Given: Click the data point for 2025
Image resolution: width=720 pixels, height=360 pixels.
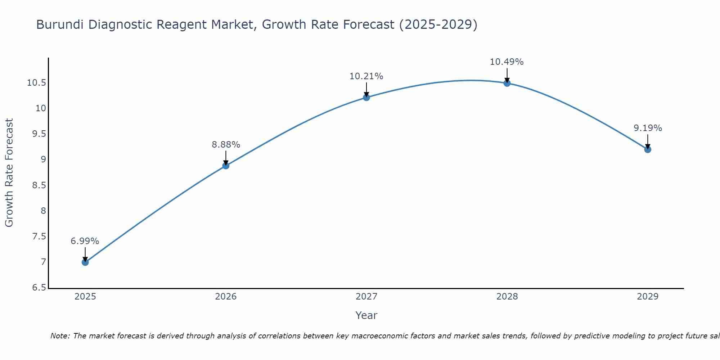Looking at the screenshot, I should (x=85, y=262).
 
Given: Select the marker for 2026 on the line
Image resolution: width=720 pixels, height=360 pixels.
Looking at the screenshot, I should (x=226, y=166).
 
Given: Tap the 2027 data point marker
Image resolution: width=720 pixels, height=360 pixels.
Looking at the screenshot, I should (x=366, y=97).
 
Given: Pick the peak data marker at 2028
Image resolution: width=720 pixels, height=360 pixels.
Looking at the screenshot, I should (x=507, y=83).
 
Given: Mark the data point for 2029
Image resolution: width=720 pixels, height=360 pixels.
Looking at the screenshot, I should (x=648, y=149).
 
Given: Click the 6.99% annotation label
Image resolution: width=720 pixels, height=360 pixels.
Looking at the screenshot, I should (x=85, y=241).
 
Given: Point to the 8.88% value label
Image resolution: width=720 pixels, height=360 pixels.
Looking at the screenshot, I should (x=226, y=145).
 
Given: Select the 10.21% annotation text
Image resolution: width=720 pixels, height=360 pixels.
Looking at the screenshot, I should (x=366, y=76).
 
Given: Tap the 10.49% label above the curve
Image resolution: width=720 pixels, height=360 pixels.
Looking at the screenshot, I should (x=507, y=62).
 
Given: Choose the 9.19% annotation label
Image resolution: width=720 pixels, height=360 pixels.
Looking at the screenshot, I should (x=648, y=128).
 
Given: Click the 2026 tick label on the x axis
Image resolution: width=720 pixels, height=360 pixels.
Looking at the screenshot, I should (x=226, y=297).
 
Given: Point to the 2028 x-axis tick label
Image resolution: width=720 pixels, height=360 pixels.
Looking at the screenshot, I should (x=507, y=297).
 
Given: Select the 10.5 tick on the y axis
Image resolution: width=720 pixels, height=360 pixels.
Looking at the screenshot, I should (x=36, y=83).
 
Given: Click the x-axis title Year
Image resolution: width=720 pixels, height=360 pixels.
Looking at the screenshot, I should (x=366, y=315).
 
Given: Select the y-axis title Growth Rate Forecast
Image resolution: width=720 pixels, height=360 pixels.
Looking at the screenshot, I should (x=9, y=172).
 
